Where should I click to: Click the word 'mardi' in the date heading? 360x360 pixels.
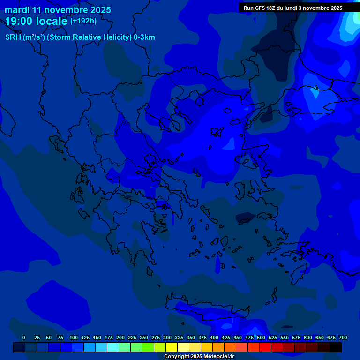17,10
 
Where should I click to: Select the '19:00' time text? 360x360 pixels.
19,21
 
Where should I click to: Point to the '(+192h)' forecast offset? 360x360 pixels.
83,21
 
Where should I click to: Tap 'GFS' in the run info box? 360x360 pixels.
260,8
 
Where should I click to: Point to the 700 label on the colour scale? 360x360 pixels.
343,337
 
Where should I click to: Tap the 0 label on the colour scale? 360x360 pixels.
24,337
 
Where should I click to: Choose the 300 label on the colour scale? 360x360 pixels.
167,337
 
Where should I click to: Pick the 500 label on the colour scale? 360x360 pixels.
261,337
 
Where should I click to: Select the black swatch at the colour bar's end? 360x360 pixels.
336,347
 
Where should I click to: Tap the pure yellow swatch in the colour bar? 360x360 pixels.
172,347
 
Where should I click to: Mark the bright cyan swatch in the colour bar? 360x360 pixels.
113,347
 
